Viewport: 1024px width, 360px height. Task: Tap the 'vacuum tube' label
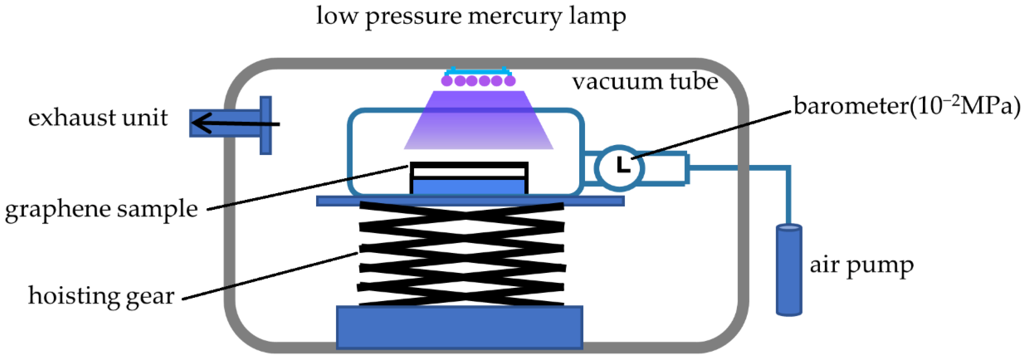(x=645, y=81)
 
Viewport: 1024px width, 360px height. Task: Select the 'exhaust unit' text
(x=98, y=118)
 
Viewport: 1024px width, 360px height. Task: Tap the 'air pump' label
(x=862, y=265)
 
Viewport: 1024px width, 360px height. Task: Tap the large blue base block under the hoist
(x=459, y=327)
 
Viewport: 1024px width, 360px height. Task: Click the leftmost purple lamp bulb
(x=447, y=81)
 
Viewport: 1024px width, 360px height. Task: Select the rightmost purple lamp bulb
(x=510, y=81)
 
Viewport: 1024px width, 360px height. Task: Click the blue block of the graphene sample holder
(x=469, y=186)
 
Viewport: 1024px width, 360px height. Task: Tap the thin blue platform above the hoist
(x=470, y=201)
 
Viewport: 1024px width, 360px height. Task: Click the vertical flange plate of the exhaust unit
(x=266, y=125)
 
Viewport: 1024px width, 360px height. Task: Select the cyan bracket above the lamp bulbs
(x=477, y=72)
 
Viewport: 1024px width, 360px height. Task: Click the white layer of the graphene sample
(x=469, y=172)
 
